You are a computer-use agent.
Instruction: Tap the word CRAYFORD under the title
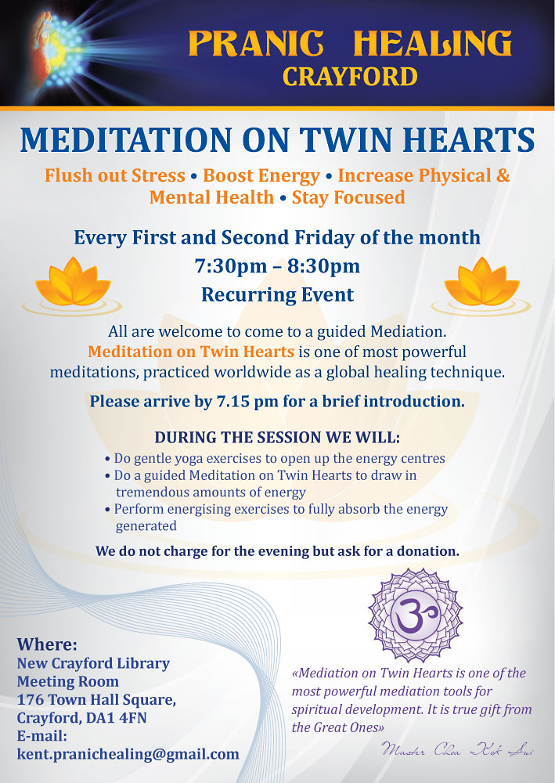click(350, 77)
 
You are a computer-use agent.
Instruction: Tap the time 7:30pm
click(231, 266)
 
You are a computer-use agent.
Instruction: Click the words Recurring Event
click(277, 295)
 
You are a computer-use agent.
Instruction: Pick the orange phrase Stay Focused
click(348, 197)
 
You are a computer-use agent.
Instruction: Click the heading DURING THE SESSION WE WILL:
click(277, 438)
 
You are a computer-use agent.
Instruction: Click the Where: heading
click(47, 645)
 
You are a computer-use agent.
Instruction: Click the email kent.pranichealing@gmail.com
click(128, 754)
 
